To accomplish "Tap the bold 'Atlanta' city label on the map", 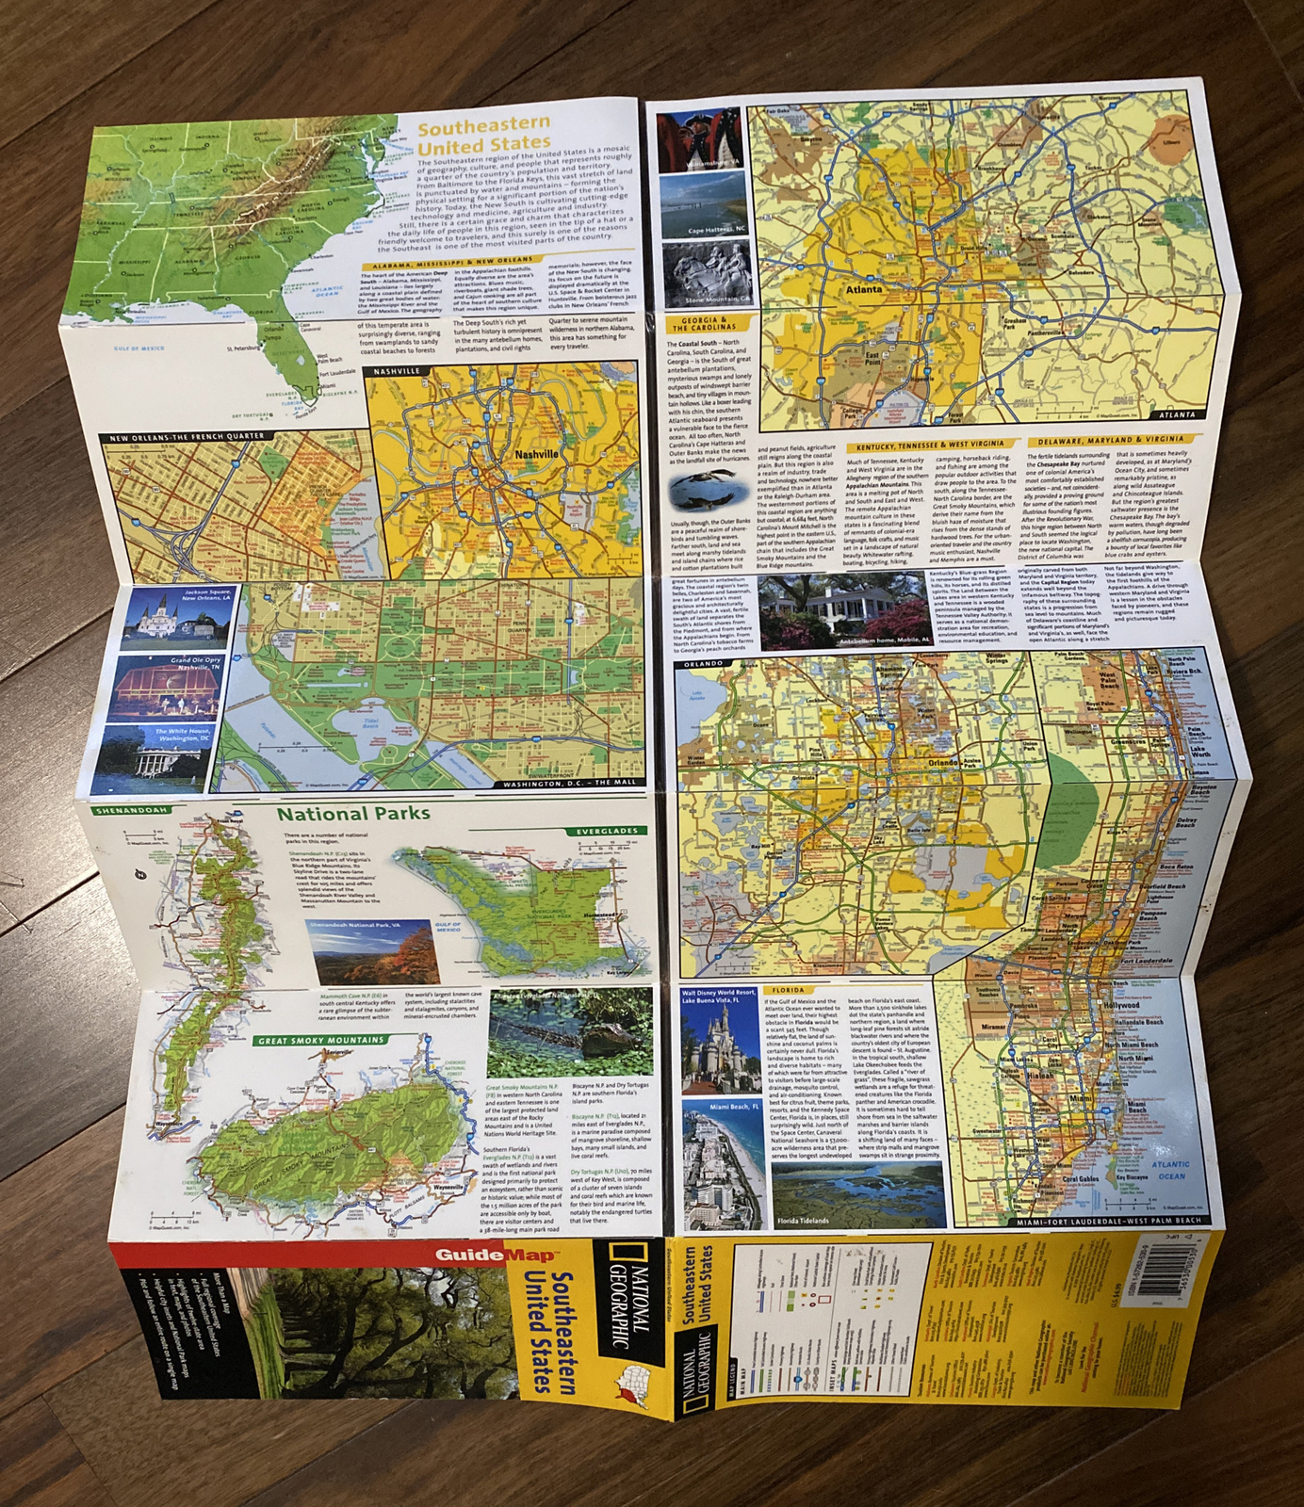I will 863,289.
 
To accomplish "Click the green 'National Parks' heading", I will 352,813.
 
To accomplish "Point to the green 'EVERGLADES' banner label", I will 608,831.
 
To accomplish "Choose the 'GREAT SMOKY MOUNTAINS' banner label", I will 320,1040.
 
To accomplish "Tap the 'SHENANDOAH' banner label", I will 131,810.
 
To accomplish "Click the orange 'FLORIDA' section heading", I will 788,990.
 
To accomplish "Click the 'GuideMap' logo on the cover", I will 496,1255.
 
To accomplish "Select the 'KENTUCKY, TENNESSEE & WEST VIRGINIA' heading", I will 930,445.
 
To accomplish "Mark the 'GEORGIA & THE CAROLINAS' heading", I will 698,324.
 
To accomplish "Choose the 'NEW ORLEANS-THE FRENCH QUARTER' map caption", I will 187,437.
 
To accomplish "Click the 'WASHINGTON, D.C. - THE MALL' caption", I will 569,783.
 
